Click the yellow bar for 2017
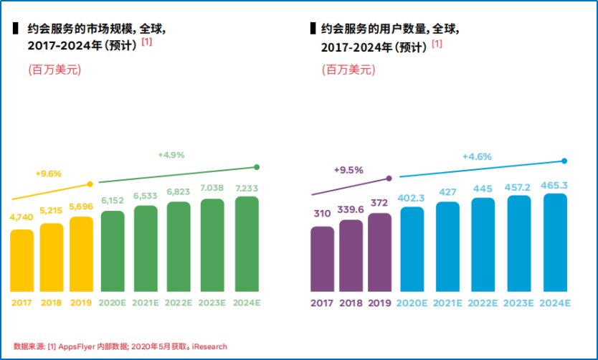pos(22,260)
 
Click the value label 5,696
pos(82,205)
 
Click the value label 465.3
pos(555,186)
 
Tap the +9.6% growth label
pos(48,173)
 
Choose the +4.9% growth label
pos(171,155)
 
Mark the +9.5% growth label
pos(348,170)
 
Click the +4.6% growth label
pos(477,156)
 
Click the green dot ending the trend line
pos(257,167)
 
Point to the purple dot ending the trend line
pos(389,178)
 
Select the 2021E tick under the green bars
pos(146,303)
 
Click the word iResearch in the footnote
pos(209,346)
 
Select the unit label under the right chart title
pos(349,70)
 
